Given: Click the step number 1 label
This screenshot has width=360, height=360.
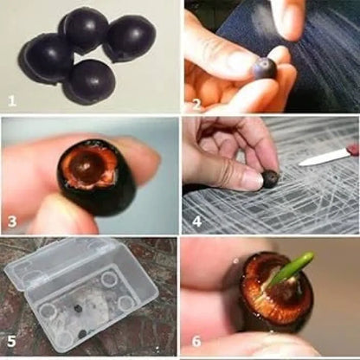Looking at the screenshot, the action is [12, 101].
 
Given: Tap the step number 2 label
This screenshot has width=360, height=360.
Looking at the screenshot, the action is [196, 104].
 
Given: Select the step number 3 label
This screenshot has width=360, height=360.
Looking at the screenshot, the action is [12, 222].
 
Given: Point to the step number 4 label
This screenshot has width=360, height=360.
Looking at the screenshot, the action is [196, 222].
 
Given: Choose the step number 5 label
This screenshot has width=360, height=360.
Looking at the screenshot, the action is [11, 342].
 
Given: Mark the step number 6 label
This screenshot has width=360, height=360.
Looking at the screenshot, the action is [196, 342].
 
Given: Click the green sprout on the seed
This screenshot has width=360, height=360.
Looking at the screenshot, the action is [290, 269].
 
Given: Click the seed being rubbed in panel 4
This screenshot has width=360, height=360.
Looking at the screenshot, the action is [271, 179].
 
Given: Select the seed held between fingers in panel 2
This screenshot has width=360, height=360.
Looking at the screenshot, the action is [265, 67].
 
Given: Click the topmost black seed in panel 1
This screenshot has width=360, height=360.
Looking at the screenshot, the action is [84, 29].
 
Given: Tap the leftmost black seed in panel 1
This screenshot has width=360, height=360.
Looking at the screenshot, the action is [46, 57].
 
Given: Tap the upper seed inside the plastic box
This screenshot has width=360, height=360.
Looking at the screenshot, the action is [77, 308].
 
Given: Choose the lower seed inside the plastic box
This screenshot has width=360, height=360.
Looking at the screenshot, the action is [83, 334].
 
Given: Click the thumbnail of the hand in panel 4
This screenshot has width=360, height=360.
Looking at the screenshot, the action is [252, 180].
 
